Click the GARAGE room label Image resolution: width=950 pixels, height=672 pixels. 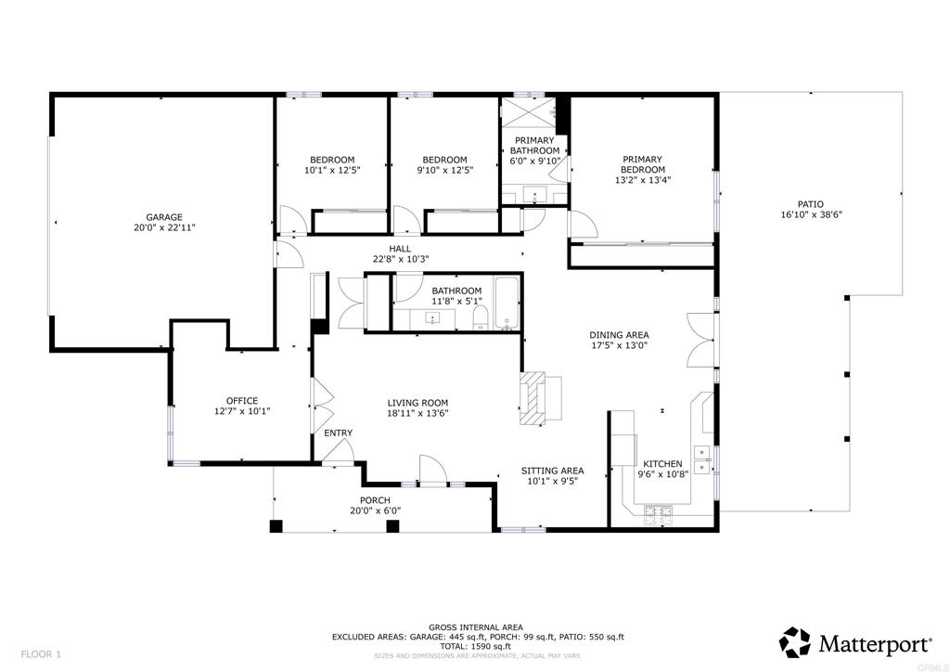point(164,217)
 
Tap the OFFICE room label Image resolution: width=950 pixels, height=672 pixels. point(242,401)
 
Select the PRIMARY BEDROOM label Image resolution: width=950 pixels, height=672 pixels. point(643,164)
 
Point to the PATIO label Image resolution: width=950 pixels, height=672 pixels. point(811,204)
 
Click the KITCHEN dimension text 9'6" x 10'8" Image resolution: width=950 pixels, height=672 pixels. point(662,474)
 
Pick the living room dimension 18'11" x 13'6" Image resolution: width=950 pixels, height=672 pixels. point(418,413)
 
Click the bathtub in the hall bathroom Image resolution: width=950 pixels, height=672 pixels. point(507,303)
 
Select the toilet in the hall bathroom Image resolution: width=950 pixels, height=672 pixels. point(481,317)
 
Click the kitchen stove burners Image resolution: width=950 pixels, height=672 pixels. point(658,514)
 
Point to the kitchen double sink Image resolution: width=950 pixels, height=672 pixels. point(703,459)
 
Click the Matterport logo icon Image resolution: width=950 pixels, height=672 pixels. point(794,642)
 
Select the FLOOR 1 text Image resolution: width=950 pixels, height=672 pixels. point(41,654)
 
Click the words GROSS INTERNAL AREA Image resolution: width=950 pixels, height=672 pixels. point(476,627)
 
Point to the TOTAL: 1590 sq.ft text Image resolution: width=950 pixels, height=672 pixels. point(476,647)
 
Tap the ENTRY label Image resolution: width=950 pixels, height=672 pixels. point(338,433)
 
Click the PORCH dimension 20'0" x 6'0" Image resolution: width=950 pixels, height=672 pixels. point(375,510)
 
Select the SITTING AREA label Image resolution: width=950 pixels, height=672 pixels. point(553,471)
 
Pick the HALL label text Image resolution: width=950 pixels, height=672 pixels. point(400,249)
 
